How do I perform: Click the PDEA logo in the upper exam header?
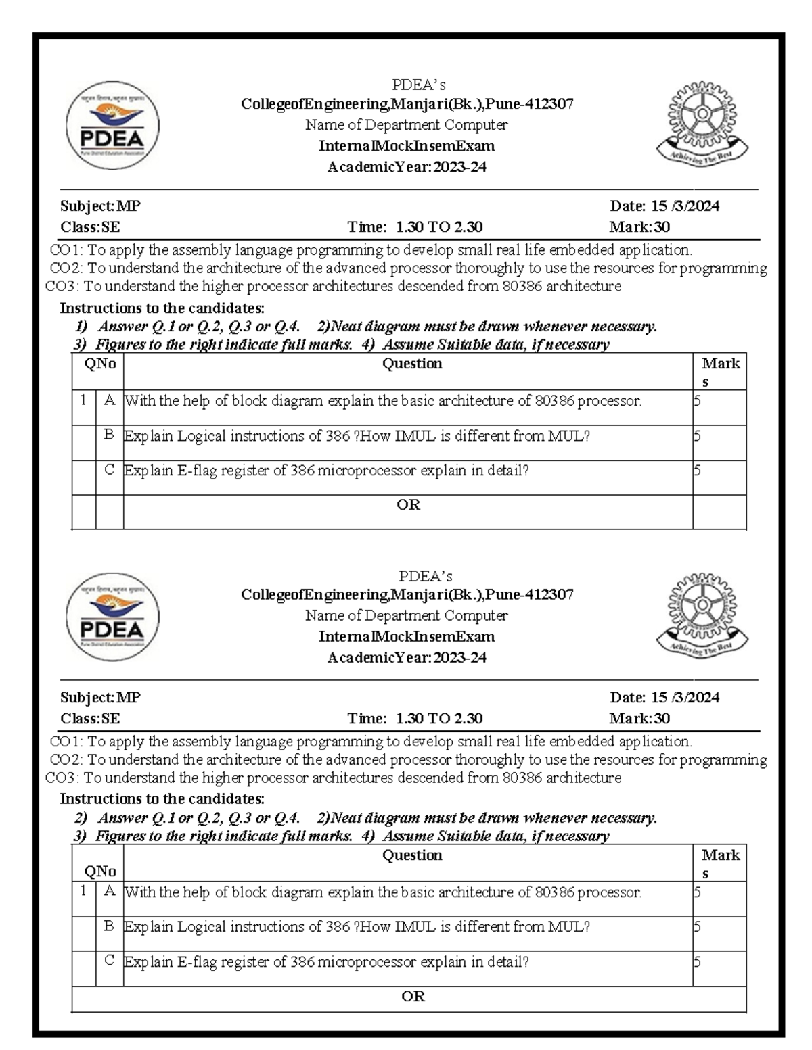[113, 130]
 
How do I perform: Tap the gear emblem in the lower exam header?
[700, 613]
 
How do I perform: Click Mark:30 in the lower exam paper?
[639, 718]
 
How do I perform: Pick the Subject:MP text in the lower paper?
[100, 697]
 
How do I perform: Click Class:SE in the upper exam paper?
[90, 227]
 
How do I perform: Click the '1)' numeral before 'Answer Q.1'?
[81, 327]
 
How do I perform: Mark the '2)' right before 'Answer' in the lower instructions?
[81, 818]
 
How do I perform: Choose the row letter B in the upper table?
[110, 435]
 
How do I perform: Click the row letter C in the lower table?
[110, 960]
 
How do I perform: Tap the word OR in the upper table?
[408, 505]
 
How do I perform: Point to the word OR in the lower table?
[413, 997]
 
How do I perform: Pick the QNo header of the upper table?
[100, 364]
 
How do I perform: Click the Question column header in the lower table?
[412, 855]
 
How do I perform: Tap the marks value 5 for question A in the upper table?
[698, 401]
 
